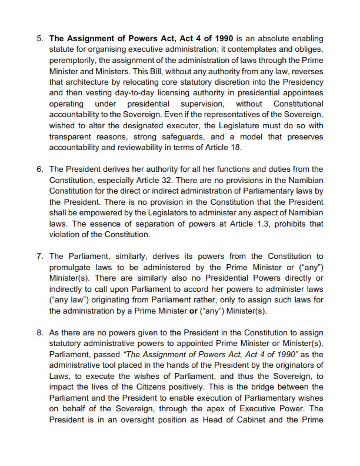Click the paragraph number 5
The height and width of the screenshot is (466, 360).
[x=39, y=38]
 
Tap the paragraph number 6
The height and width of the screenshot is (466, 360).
[x=39, y=169]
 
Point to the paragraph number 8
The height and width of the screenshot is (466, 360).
[x=39, y=334]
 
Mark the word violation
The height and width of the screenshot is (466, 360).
[x=66, y=234]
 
